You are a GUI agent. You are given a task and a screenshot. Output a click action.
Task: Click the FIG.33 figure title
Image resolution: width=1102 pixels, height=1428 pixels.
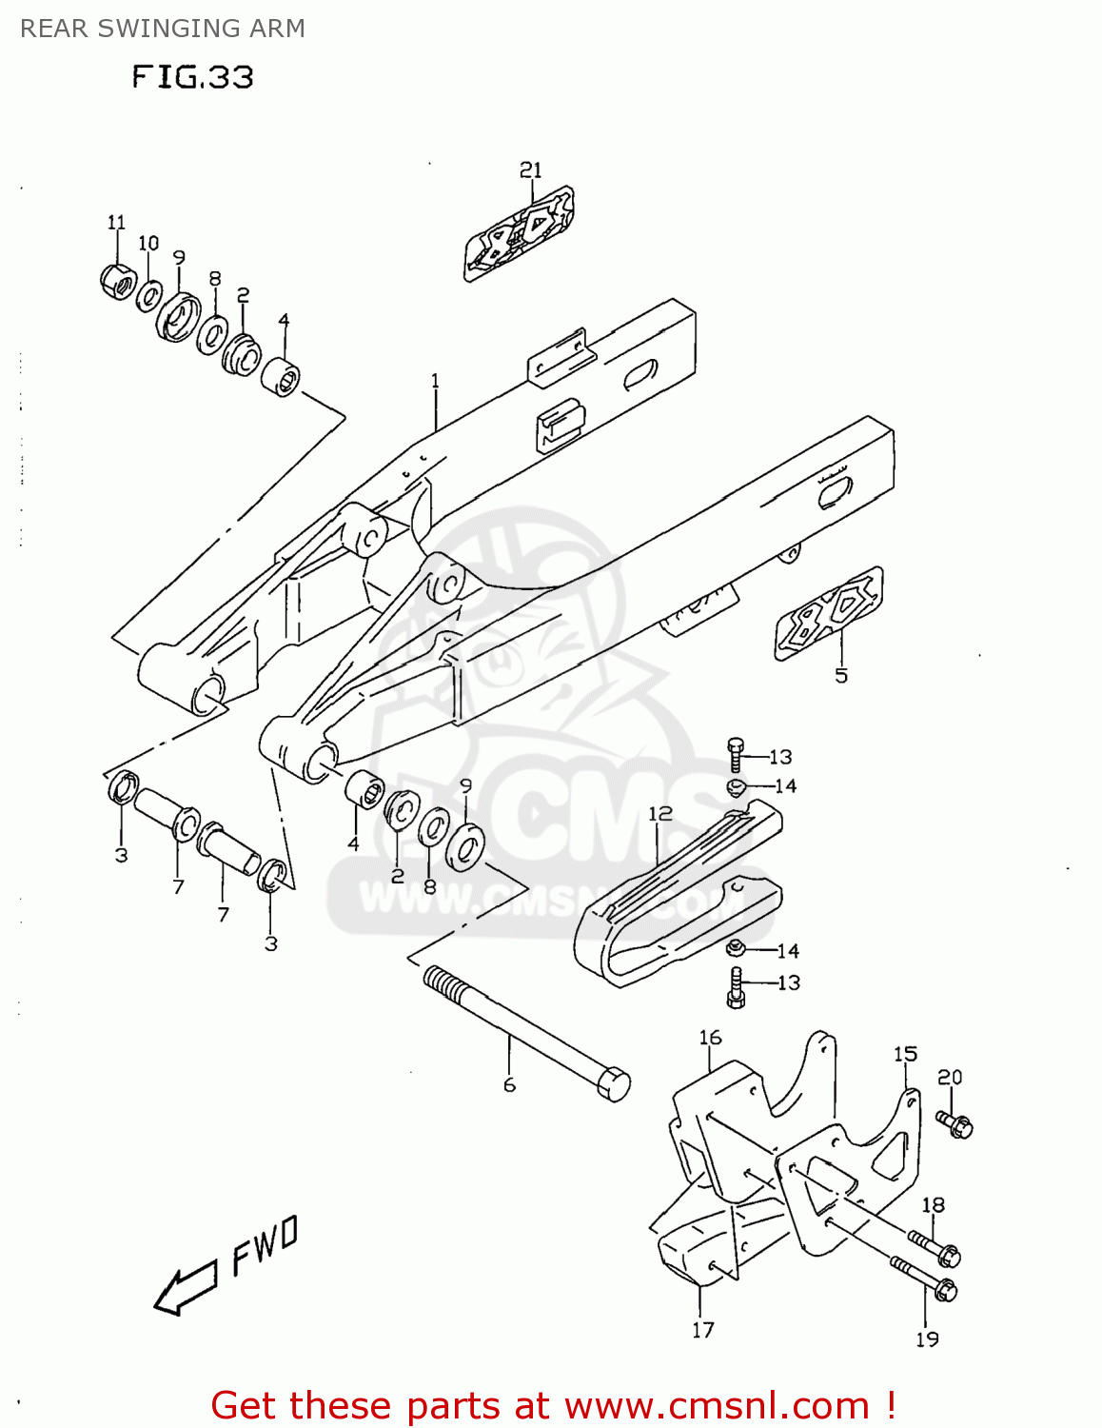[193, 76]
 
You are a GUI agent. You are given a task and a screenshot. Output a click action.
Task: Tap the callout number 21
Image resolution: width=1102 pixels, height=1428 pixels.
[530, 169]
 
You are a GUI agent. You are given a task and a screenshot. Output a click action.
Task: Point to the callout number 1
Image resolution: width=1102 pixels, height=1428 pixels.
[435, 381]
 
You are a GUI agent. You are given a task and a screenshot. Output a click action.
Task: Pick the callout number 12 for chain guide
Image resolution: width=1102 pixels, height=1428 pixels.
[659, 813]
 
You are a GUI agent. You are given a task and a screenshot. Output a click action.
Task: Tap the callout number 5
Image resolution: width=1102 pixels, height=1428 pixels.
[841, 676]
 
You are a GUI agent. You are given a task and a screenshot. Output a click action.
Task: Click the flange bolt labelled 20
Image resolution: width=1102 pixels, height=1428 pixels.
[954, 1124]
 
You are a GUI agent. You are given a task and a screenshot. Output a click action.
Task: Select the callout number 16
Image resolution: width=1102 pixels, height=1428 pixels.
[710, 1037]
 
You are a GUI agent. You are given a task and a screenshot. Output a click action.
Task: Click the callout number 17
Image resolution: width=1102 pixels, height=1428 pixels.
[702, 1330]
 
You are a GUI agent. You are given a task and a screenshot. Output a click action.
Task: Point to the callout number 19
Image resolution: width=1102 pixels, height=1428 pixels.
[927, 1339]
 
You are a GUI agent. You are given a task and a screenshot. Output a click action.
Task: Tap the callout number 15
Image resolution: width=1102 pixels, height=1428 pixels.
[905, 1054]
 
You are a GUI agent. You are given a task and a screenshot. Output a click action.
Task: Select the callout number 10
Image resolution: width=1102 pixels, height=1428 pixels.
[148, 243]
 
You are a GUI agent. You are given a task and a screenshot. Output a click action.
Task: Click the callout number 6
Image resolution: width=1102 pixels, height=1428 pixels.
[509, 1085]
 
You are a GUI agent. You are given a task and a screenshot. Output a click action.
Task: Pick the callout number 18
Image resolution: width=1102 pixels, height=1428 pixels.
[933, 1204]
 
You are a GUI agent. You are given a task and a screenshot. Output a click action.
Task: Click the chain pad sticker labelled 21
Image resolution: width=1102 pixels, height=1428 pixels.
[519, 233]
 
